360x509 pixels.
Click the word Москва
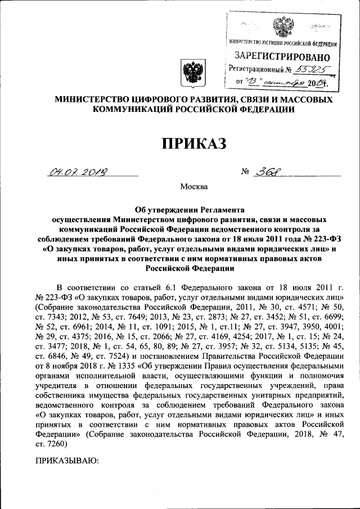[x=193, y=186]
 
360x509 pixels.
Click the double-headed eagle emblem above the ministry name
[x=193, y=74]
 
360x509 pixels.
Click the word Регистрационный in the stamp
[x=256, y=70]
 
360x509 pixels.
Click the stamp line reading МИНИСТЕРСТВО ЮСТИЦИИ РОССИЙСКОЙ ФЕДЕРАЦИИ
[x=282, y=43]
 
